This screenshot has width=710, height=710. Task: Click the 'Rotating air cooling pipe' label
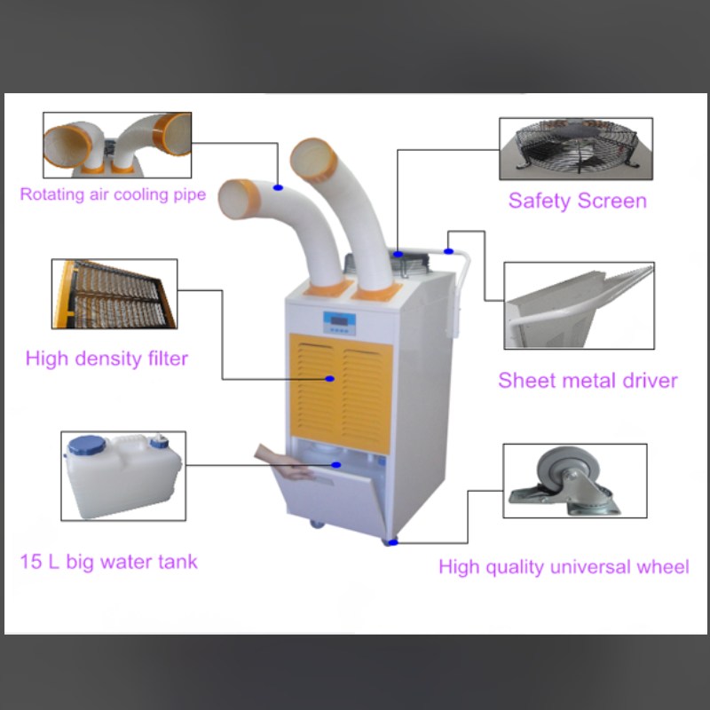pos(113,195)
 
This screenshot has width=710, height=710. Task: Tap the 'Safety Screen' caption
pos(578,201)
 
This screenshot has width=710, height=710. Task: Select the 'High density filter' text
pos(106,359)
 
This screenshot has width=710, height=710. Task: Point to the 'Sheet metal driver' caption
pos(588,381)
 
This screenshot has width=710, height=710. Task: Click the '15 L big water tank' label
pos(108,563)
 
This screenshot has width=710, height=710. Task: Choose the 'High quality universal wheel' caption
pos(564,567)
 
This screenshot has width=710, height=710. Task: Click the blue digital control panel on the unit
pos(339,323)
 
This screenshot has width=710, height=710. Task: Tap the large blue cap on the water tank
pos(86,446)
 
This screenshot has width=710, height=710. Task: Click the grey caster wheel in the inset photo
pos(568,471)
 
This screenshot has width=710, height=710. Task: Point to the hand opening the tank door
pos(284,462)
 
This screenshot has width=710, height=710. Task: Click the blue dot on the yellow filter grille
pos(330,379)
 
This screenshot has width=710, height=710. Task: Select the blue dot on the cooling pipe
pos(278,187)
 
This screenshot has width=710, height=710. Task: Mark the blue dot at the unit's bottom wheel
pos(393,542)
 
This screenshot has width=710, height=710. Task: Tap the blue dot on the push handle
pos(448,251)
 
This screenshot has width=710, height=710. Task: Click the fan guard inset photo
pos(576,149)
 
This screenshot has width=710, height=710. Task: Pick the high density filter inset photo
pos(114,294)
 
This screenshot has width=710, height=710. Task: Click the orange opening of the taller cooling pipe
pos(314,160)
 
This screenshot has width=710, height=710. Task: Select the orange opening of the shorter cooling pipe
pos(239,199)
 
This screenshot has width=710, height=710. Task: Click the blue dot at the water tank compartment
pos(336,464)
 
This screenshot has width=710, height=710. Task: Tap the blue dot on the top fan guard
pos(398,254)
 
